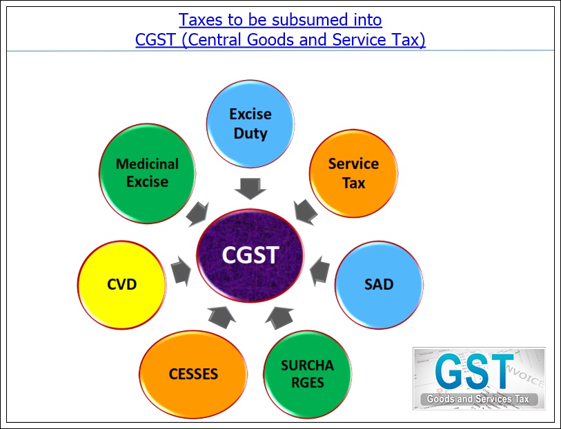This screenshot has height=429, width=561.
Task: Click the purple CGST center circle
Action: (250, 255)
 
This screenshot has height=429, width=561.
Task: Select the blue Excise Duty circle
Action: (250, 123)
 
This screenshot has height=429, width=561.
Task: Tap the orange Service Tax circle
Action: (353, 173)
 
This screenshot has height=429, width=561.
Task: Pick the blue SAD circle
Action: (378, 283)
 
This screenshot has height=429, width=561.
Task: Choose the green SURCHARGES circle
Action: (307, 373)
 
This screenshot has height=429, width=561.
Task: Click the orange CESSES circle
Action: (193, 375)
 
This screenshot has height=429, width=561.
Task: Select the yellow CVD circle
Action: (122, 284)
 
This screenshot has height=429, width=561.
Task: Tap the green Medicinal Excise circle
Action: (147, 172)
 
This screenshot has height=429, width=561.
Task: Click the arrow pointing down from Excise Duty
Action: (250, 188)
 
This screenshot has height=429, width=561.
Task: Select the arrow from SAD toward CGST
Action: (320, 270)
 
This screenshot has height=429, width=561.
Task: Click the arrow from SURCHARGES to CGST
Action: (279, 316)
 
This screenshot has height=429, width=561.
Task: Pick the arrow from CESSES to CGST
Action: (222, 316)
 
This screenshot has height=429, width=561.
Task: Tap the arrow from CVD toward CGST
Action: (181, 270)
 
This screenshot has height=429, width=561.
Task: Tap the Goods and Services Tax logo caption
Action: (478, 400)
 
